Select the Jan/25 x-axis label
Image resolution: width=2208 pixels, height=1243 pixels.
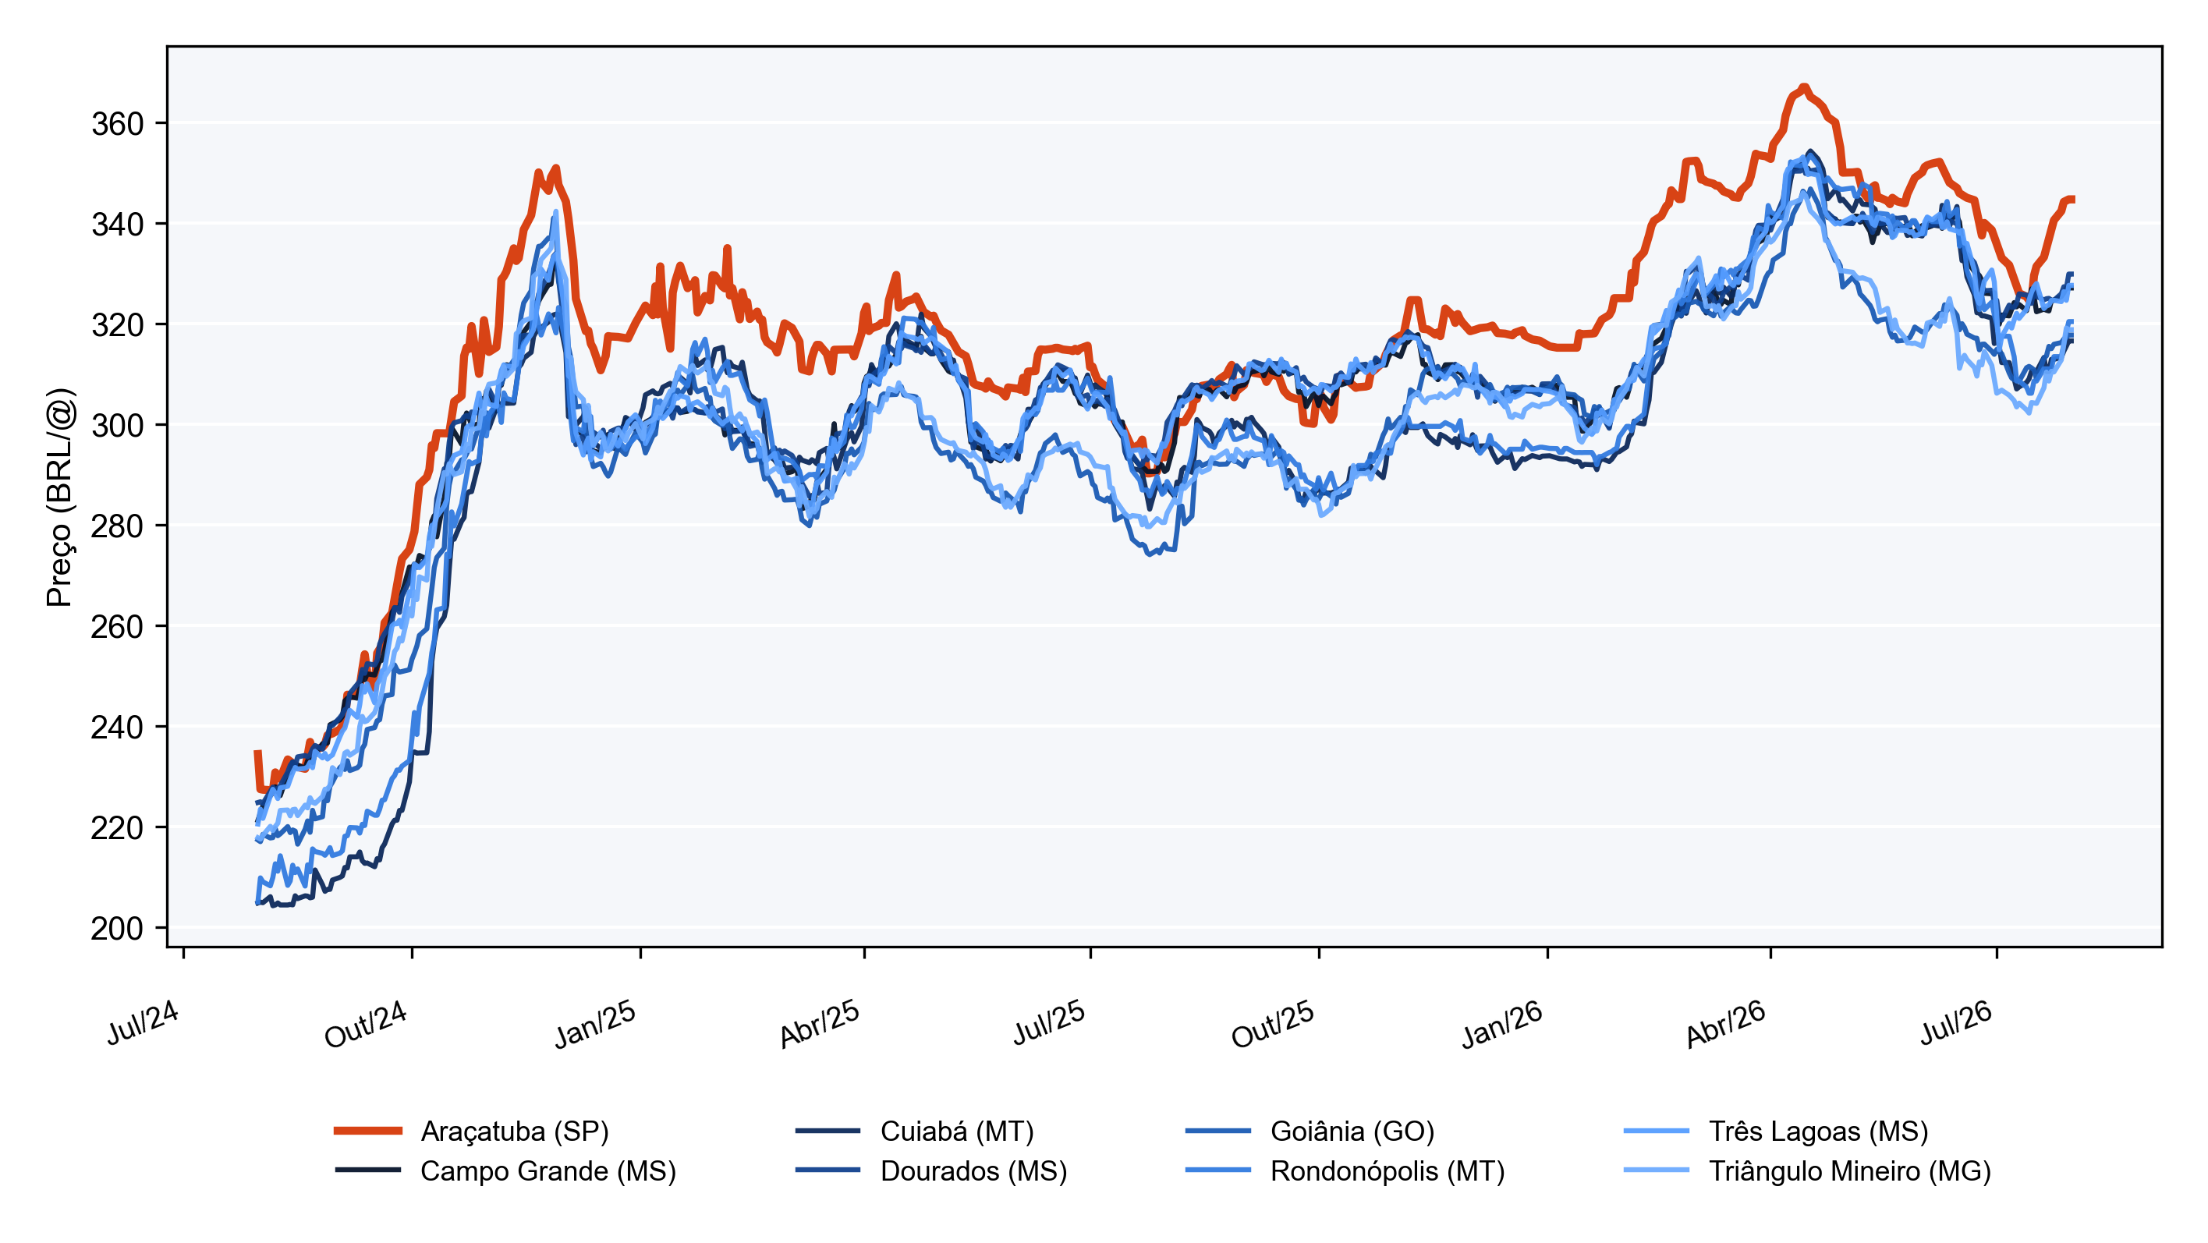click(595, 1025)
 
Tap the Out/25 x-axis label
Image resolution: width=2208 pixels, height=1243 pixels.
click(1272, 1025)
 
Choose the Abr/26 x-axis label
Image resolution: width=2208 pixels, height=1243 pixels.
click(1724, 1025)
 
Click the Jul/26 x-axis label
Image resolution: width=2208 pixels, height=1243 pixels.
click(1955, 1022)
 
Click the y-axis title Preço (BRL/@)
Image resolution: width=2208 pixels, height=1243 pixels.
click(60, 498)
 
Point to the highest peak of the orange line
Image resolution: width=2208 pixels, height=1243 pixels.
click(1804, 87)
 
